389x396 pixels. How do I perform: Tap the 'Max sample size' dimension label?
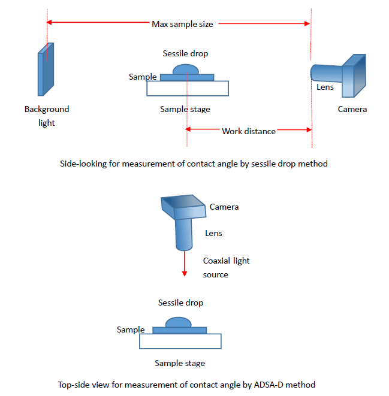(x=182, y=24)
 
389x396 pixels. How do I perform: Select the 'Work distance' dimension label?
(x=248, y=131)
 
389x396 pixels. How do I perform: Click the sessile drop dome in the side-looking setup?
(x=185, y=69)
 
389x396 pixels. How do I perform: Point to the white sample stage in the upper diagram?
(x=188, y=88)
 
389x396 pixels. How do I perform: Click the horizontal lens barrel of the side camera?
(x=326, y=72)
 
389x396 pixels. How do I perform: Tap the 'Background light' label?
(x=47, y=116)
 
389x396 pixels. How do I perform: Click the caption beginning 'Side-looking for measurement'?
(x=194, y=164)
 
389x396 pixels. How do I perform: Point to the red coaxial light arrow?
(x=183, y=264)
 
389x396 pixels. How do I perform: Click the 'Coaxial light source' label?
(x=226, y=267)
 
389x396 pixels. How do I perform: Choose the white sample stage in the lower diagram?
(x=180, y=341)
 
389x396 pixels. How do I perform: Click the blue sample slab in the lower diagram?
(x=180, y=330)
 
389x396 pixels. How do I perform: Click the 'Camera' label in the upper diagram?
(x=352, y=109)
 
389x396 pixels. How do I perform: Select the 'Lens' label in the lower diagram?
(x=214, y=233)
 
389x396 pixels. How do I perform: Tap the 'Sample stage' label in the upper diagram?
(x=185, y=109)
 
